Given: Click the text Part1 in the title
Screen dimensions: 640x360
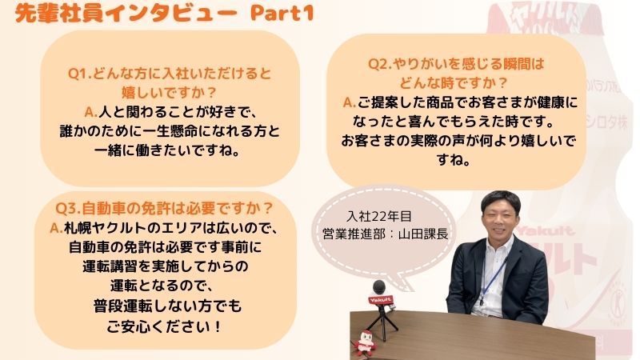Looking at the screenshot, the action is [282, 13].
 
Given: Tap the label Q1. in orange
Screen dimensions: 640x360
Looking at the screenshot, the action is [80, 74].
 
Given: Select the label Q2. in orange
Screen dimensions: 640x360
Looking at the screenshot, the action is [380, 64].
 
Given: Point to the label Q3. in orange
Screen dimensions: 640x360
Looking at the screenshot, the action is [68, 209].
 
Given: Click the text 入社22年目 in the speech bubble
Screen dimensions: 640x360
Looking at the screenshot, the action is [378, 216].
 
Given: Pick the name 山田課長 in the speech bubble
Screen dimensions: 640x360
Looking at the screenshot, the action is [423, 234].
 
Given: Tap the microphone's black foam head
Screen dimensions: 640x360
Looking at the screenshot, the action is [379, 287].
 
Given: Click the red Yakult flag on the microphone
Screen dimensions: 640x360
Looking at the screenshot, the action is [381, 301].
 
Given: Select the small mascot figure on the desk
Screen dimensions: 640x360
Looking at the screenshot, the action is [365, 343].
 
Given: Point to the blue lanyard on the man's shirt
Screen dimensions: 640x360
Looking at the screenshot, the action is [493, 280].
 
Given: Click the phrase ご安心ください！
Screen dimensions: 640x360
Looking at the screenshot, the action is [164, 326].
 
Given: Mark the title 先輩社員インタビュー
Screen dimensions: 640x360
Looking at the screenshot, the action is [126, 14].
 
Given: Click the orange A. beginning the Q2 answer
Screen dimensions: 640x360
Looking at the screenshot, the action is [350, 102].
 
